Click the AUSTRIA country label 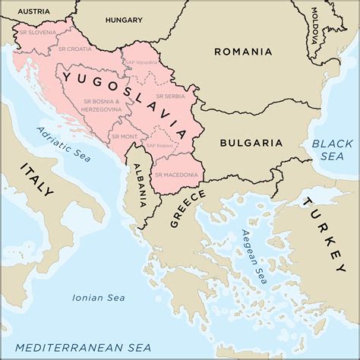34,12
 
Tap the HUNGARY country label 124,20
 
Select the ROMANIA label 243,52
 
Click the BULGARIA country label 251,142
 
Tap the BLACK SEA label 333,149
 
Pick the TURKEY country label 323,235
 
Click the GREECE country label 188,208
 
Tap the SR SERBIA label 172,96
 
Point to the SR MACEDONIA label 176,175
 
